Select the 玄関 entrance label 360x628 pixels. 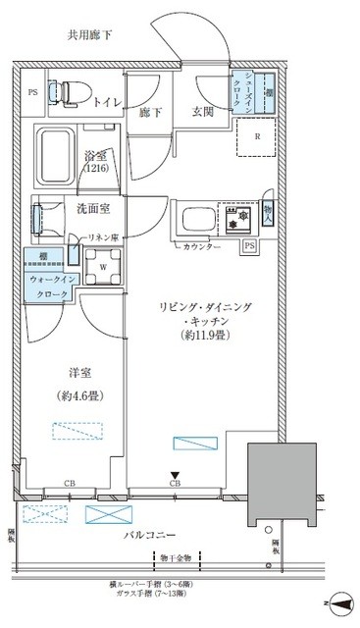202,110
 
